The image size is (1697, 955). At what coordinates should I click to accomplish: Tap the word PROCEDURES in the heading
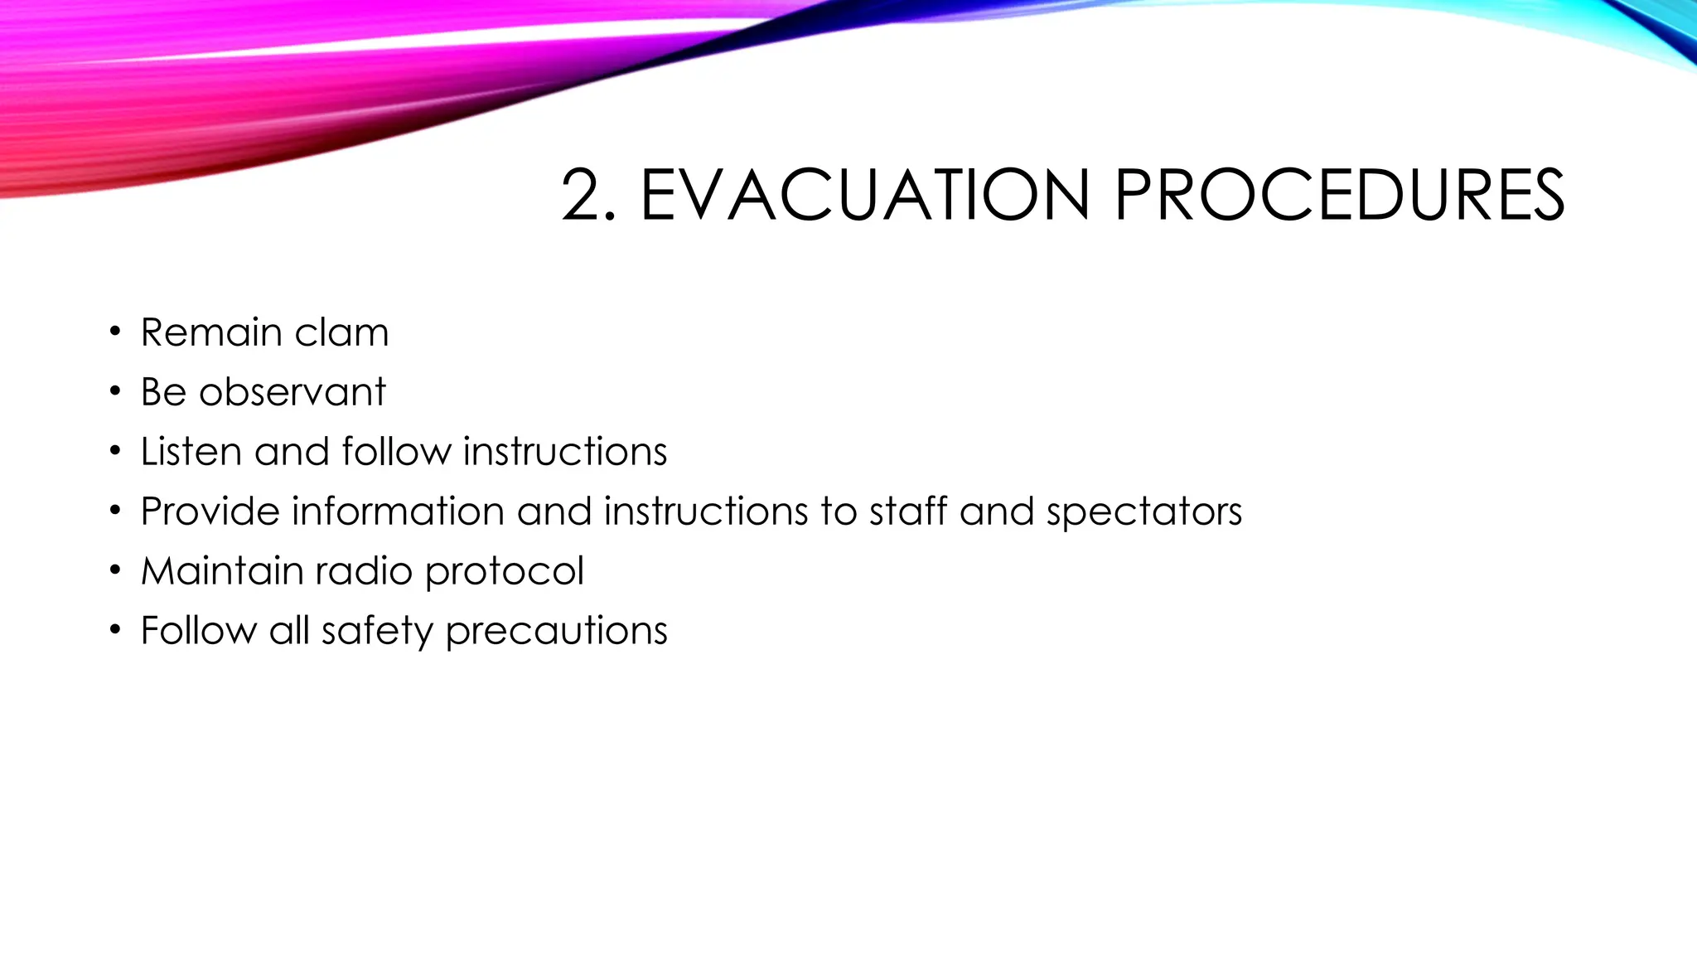coord(1338,196)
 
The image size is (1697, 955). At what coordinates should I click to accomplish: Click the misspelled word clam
coord(341,332)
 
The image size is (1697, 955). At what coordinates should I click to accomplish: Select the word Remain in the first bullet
coord(211,332)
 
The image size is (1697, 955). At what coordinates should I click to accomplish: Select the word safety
coord(377,631)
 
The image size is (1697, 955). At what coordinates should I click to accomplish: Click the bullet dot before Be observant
coord(115,392)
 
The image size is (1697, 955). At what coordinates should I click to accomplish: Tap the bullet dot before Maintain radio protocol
coord(115,571)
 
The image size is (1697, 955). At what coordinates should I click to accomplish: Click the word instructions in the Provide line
coord(705,511)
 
